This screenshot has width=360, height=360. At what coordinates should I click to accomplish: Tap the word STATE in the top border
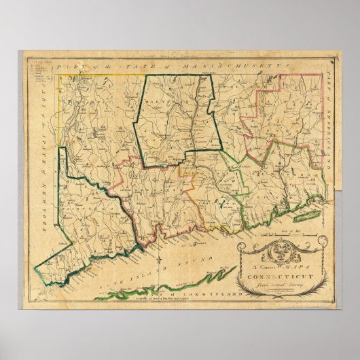coord(132,65)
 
